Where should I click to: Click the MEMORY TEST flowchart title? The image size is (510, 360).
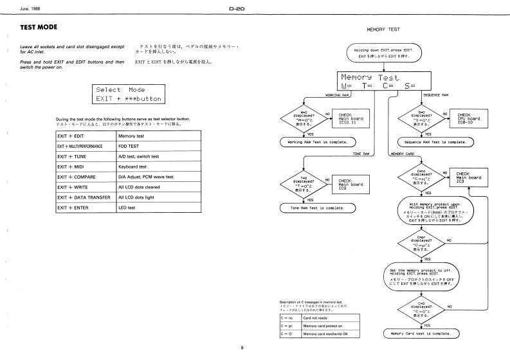[384, 30]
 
